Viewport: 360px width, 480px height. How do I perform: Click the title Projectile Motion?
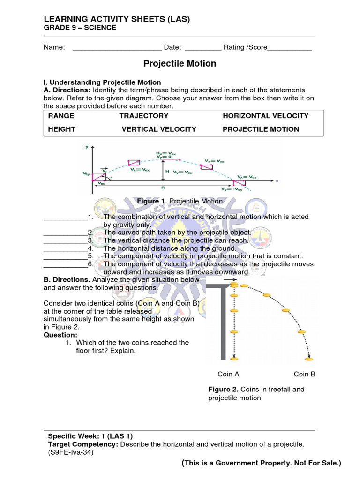coord(180,63)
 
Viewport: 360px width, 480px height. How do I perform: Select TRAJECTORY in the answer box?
coord(143,116)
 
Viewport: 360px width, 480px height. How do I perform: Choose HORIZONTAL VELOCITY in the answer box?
coord(265,116)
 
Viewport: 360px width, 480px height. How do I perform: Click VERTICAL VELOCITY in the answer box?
coord(159,129)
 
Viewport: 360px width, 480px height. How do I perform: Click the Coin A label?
coord(229,374)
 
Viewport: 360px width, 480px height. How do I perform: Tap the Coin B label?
coord(305,374)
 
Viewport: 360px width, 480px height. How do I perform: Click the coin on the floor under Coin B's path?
coord(309,359)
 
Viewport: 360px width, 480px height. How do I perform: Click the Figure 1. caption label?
coord(152,201)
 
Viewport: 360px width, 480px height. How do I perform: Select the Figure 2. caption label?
coord(223,390)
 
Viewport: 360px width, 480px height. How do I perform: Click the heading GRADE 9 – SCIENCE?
coord(80,28)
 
